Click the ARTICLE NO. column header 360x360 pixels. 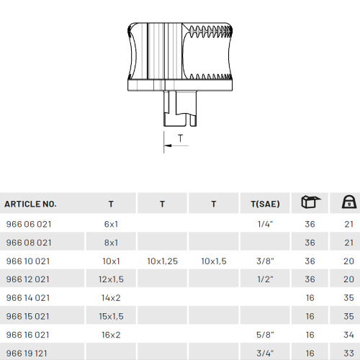[x=30, y=204]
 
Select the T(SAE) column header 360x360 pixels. [x=265, y=204]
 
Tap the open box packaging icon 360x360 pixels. [x=310, y=202]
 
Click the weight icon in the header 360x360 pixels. [x=349, y=202]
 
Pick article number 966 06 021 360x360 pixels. [x=29, y=224]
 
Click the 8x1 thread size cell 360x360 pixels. [x=111, y=243]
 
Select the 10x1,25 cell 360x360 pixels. [x=162, y=261]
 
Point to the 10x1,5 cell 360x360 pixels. [x=214, y=261]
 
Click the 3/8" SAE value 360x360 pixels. [x=265, y=261]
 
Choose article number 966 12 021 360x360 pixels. [x=28, y=279]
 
